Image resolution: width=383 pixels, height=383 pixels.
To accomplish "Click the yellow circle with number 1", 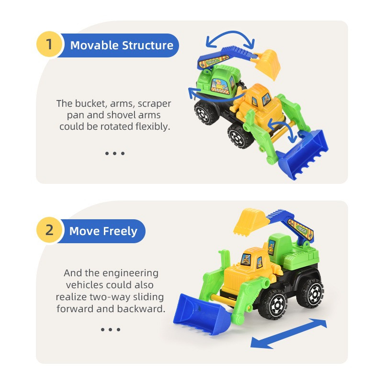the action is (49, 44).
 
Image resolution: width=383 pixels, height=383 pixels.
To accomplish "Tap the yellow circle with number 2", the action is (49, 230).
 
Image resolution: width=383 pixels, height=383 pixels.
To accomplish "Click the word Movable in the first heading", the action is (94, 45).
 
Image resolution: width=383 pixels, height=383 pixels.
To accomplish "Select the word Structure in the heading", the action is (147, 45).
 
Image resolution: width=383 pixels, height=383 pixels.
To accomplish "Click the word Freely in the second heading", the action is (120, 231).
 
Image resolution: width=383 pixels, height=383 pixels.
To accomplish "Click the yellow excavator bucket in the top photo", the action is (268, 64).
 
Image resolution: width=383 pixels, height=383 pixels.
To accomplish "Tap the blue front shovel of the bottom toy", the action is (202, 314).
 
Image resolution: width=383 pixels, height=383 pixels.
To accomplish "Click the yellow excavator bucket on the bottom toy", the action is (250, 222).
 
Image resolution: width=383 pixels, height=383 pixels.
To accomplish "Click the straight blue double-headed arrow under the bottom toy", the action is (289, 333).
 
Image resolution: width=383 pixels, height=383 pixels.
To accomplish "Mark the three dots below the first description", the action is (115, 153).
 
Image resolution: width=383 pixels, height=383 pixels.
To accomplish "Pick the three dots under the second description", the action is (111, 329).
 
